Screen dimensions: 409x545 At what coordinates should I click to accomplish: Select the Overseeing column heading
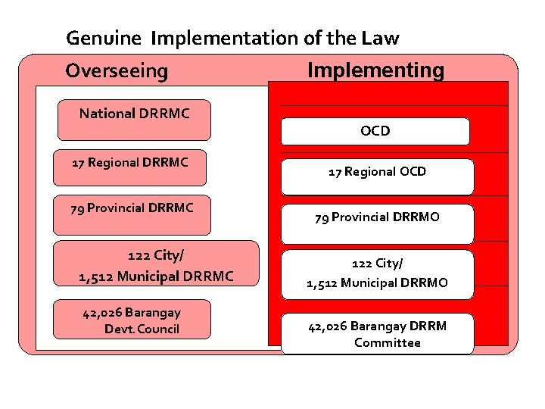click(x=117, y=71)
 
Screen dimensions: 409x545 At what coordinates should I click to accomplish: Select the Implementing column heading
click(x=375, y=70)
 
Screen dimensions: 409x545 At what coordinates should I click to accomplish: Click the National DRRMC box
click(x=134, y=120)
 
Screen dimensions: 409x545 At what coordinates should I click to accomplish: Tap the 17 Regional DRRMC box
click(x=129, y=167)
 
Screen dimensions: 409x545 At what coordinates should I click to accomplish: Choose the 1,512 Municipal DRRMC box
click(x=156, y=264)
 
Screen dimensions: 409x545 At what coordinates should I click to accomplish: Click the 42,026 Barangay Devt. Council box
click(x=132, y=320)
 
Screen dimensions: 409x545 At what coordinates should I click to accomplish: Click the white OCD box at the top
click(x=375, y=131)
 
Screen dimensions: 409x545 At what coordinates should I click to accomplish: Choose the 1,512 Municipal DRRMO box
click(x=377, y=273)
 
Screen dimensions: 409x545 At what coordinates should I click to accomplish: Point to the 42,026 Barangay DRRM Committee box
click(x=377, y=334)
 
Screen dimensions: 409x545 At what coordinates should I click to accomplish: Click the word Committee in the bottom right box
click(x=387, y=343)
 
